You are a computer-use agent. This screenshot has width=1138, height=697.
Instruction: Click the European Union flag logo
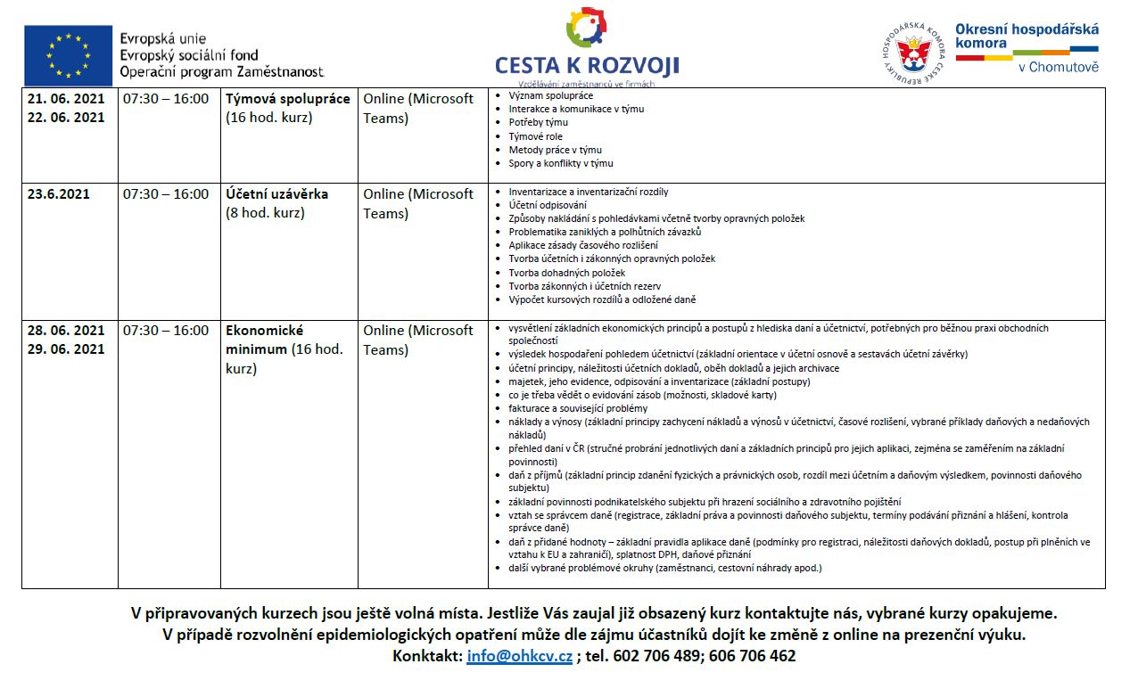point(68,55)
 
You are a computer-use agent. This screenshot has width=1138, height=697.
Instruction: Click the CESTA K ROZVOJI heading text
point(587,65)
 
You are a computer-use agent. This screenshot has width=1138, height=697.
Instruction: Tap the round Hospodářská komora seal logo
point(912,54)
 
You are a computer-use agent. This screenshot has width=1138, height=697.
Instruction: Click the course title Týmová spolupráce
point(287,99)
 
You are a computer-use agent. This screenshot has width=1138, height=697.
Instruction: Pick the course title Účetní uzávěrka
point(276,194)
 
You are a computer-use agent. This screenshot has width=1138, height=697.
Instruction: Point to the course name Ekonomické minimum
point(265,340)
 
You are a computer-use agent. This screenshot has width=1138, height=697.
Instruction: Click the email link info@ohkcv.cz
point(519,656)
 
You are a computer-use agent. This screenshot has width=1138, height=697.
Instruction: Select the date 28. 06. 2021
point(66,331)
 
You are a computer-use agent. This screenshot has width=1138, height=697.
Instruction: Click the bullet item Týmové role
point(535,136)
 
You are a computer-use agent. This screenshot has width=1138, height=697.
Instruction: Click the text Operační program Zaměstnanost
point(221,70)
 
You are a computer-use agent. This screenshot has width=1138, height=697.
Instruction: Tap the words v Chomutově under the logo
point(1059,67)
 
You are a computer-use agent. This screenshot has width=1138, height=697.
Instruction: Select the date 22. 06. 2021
point(66,118)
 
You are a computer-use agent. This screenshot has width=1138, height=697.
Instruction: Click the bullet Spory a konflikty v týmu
point(560,163)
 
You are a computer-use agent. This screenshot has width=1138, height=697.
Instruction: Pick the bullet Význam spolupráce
point(550,95)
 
